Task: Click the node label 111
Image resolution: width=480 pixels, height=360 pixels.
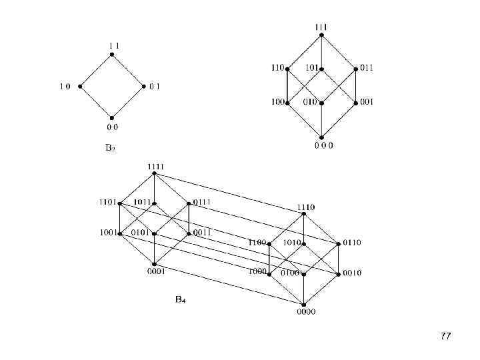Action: (x=321, y=27)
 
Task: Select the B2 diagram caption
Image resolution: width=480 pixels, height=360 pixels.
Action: (x=111, y=148)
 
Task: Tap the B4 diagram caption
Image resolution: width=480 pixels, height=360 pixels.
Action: (x=180, y=300)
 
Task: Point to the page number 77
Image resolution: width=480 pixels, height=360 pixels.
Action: (x=446, y=337)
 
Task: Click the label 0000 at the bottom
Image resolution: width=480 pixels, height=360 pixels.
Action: (x=307, y=312)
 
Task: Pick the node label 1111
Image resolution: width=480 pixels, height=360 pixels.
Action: (x=155, y=166)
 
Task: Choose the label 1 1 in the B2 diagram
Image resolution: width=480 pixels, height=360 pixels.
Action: (x=113, y=45)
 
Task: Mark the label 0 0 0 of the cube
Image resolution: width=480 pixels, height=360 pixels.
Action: (x=324, y=145)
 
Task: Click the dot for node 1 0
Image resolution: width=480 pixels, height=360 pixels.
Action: (x=80, y=87)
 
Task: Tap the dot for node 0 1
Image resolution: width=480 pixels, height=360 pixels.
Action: (x=143, y=87)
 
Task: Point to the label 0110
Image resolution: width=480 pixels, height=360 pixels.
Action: (x=353, y=243)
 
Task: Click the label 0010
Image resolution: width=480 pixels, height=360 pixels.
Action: (x=353, y=273)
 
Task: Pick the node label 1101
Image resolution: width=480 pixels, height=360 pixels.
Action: (x=107, y=201)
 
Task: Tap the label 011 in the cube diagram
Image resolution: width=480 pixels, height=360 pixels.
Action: (x=367, y=68)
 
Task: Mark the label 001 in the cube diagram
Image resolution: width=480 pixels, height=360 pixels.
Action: (x=367, y=102)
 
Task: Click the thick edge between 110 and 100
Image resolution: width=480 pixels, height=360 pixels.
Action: (x=287, y=85)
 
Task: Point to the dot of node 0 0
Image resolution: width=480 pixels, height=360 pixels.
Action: (x=112, y=117)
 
